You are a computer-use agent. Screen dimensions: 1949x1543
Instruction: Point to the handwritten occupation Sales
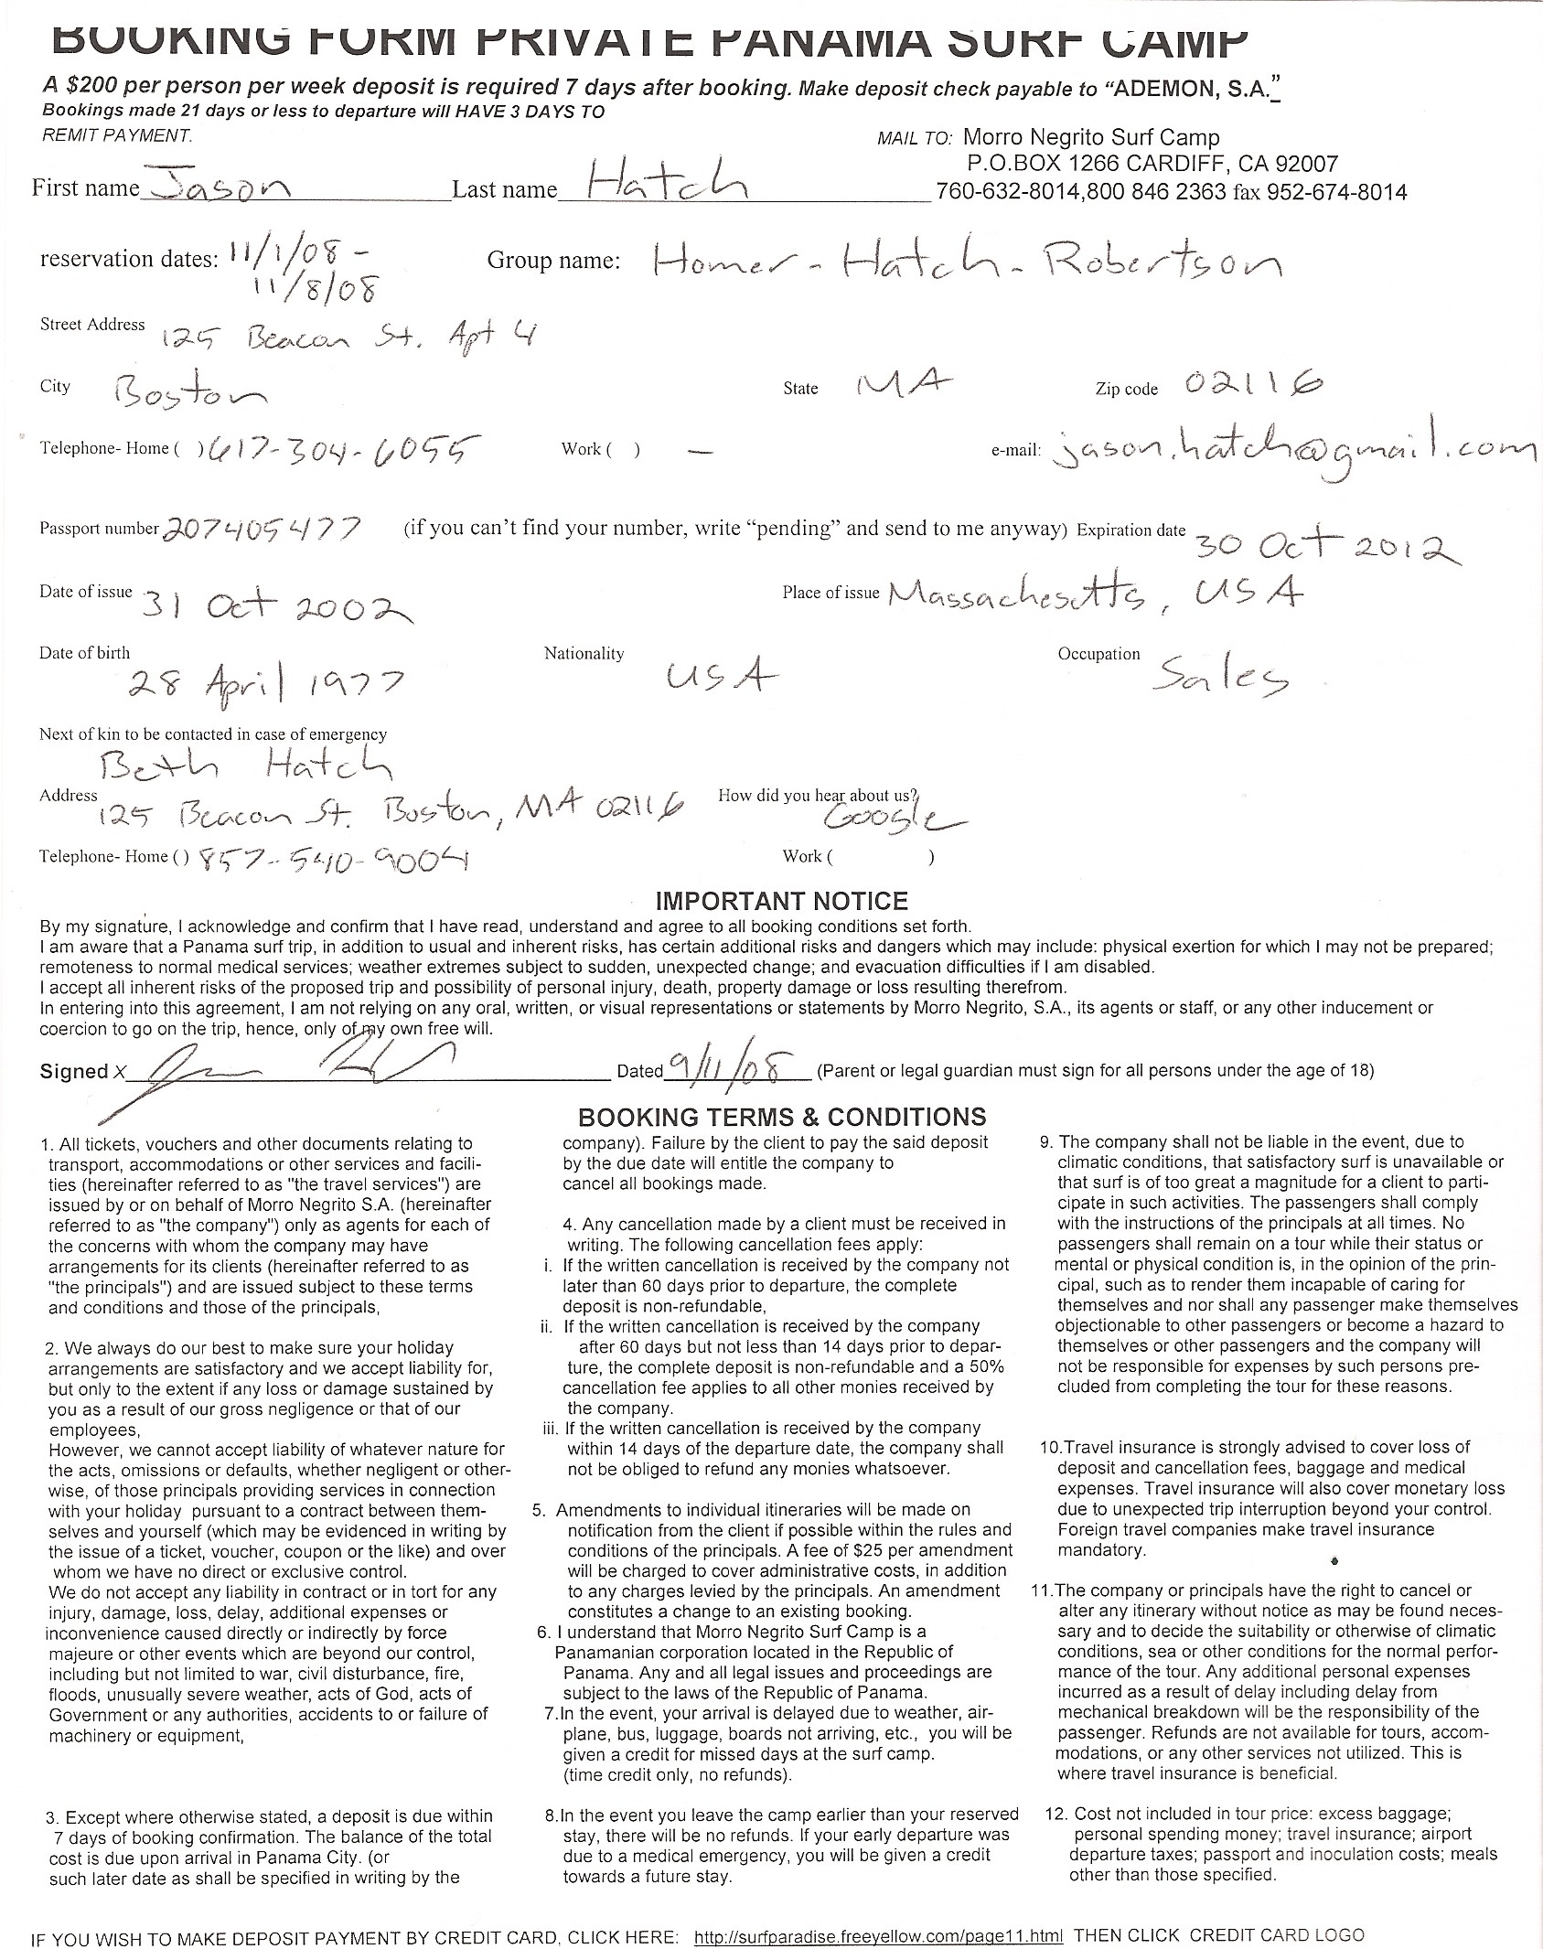coord(1220,677)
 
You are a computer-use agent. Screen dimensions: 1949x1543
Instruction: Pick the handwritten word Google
coord(892,817)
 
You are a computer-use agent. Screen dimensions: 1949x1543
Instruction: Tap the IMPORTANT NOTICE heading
coord(782,901)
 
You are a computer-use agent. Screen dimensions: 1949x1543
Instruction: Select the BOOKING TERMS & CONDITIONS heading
coord(782,1117)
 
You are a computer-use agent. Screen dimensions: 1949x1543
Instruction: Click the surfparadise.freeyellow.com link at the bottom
coord(878,1935)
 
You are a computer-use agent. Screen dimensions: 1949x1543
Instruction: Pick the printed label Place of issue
coord(830,593)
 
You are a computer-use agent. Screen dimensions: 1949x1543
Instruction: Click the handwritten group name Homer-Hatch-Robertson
coord(968,262)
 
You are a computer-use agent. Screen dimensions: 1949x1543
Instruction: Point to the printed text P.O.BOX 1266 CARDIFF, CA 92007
coord(1152,164)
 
